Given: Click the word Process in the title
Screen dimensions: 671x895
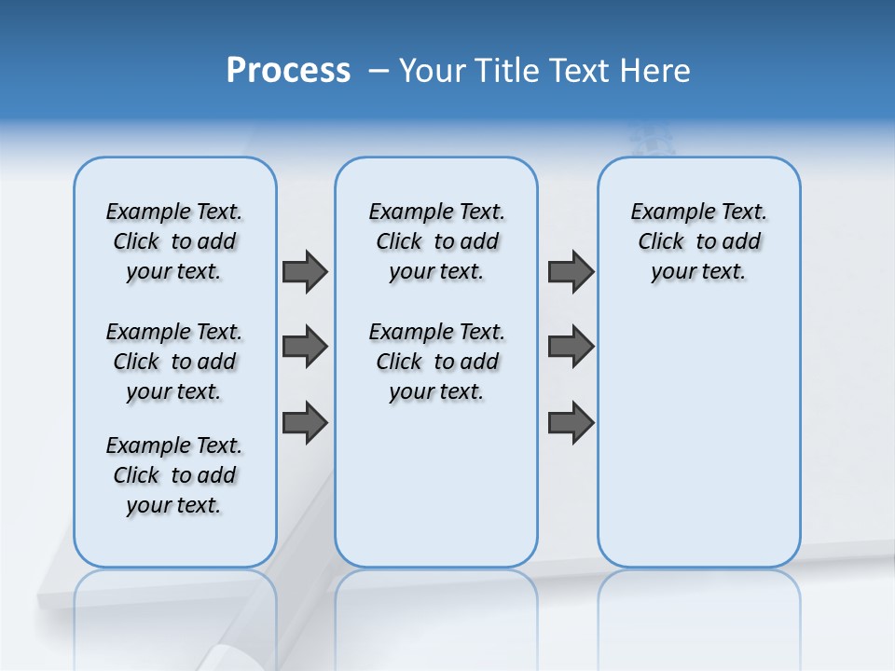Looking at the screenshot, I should [x=288, y=71].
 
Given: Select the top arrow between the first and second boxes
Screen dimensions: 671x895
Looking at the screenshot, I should [x=305, y=271].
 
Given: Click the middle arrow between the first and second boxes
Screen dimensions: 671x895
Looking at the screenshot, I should [x=305, y=347].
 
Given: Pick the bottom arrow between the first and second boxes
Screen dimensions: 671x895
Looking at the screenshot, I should [x=305, y=422].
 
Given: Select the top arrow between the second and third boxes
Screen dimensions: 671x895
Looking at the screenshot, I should [x=571, y=271].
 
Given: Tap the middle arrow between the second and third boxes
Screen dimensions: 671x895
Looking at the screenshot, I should [x=571, y=347].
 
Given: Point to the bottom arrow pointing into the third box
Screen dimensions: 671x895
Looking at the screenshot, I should [x=571, y=422].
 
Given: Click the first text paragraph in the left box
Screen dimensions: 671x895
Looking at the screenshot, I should [x=174, y=241].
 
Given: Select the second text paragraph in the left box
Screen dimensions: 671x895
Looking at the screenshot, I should [x=174, y=362].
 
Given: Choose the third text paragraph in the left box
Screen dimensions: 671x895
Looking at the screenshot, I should [x=174, y=475].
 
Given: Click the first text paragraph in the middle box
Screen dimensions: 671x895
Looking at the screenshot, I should [x=436, y=241].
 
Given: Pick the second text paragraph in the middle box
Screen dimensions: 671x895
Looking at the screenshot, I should [x=436, y=362].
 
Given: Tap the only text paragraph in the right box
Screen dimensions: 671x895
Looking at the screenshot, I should [x=698, y=241].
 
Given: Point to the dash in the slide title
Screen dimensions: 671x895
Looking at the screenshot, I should [x=379, y=71].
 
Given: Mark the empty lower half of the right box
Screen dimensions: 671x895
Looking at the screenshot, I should [x=698, y=447].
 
